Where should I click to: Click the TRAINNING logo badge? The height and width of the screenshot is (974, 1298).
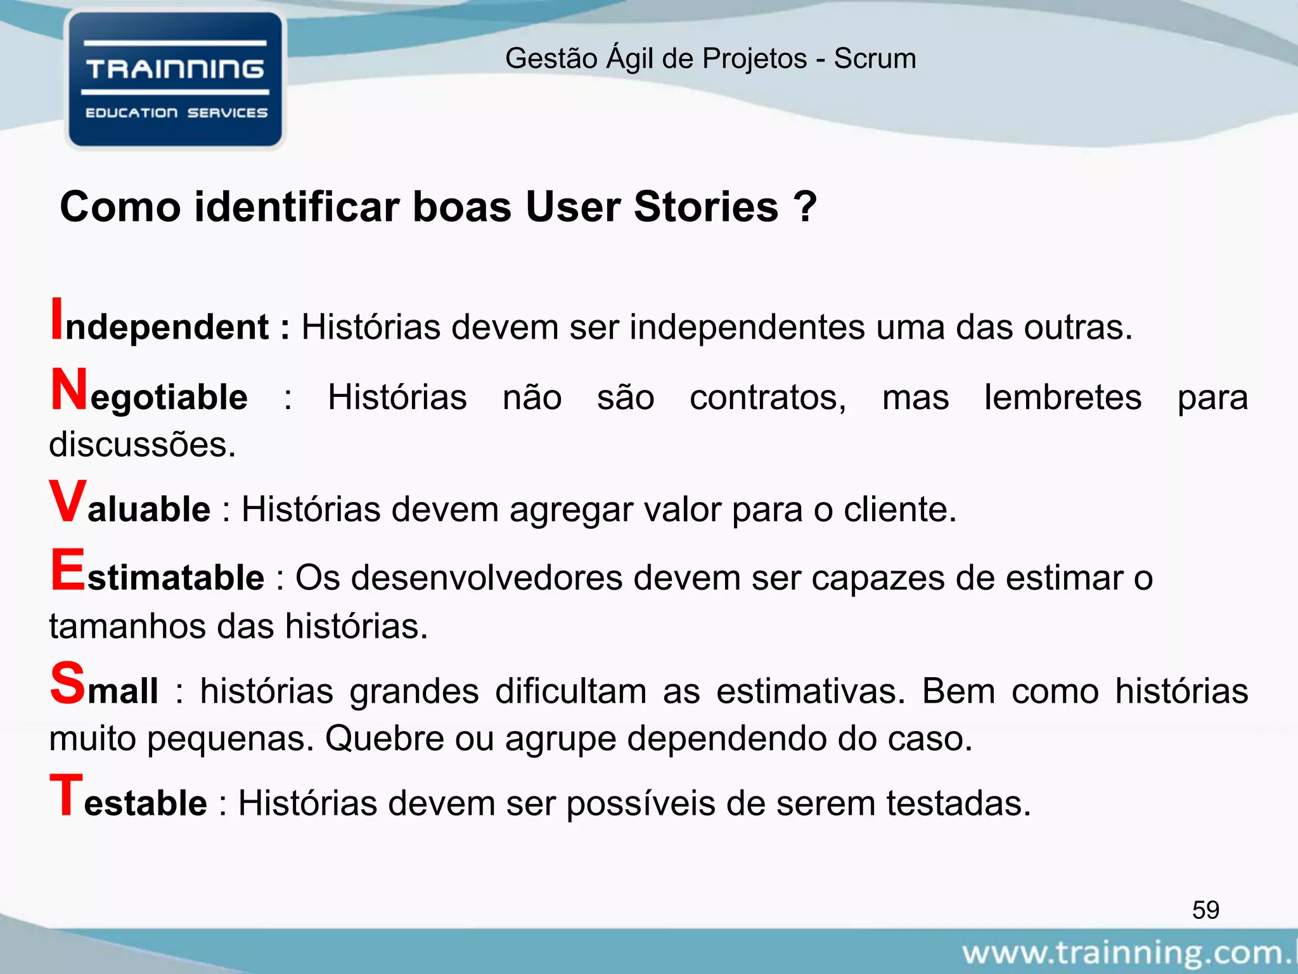coord(175,80)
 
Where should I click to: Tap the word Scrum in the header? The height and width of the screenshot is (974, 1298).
coord(875,58)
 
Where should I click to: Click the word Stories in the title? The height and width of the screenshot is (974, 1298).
coord(705,207)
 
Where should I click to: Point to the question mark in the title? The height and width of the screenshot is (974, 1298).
coord(805,207)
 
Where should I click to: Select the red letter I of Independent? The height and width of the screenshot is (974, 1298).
coord(57,320)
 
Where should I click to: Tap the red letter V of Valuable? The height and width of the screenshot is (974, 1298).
coord(67,502)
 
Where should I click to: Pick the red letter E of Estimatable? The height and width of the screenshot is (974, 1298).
coord(67,571)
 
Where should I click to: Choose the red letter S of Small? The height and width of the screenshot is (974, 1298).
coord(67,683)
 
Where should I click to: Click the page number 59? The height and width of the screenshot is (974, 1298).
coord(1205,910)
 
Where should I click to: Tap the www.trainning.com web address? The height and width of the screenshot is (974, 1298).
coord(1128,953)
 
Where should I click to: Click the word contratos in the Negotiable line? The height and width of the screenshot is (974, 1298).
coord(768,398)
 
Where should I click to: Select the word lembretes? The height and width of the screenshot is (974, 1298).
coord(1063,398)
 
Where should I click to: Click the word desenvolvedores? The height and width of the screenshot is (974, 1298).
coord(487,578)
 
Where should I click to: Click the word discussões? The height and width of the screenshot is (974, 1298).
coord(143,445)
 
